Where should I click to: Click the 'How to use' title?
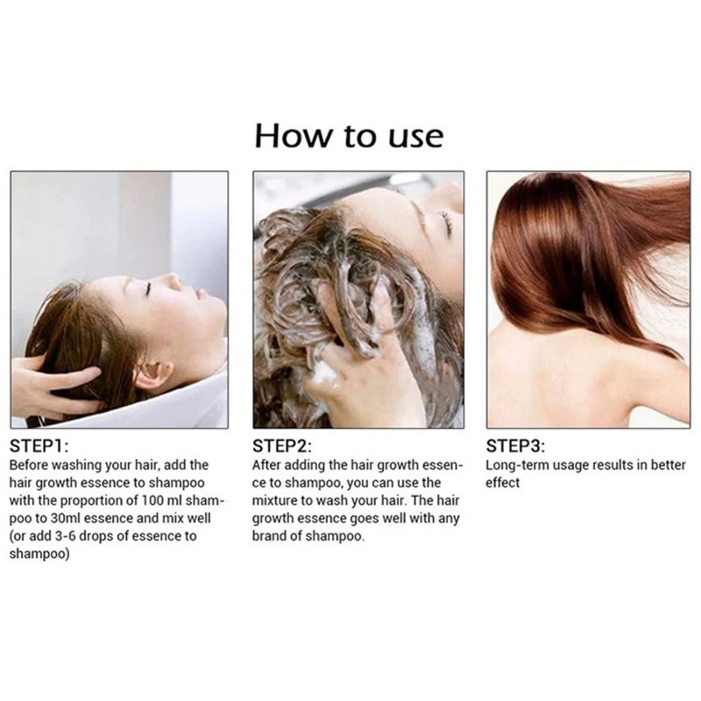pos(350,136)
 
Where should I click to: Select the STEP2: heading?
pos(280,445)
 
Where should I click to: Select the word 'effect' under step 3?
pos(502,483)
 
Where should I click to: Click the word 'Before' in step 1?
pos(29,465)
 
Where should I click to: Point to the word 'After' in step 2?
pos(266,465)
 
